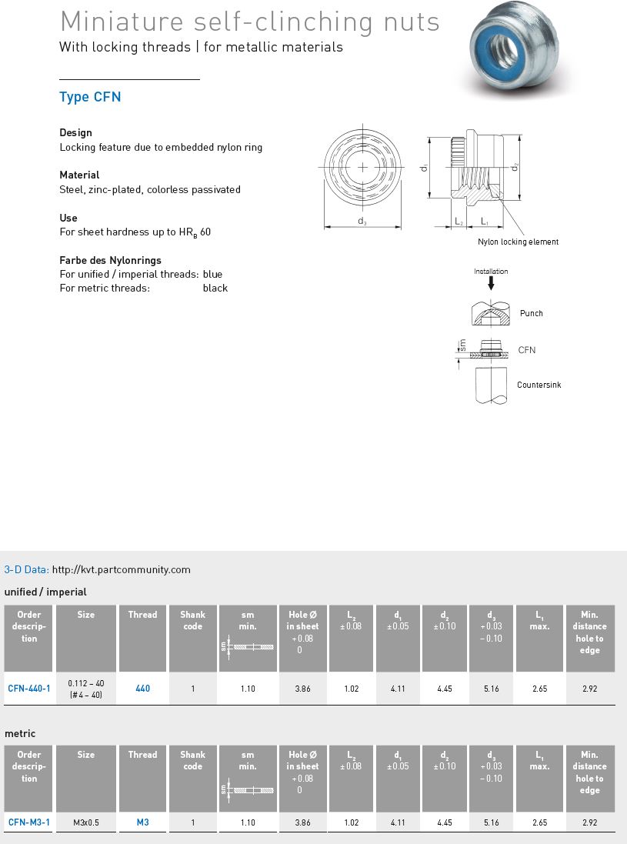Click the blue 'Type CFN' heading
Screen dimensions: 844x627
[90, 97]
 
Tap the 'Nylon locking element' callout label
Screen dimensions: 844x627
[518, 242]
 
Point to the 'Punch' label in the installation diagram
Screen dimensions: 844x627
[531, 313]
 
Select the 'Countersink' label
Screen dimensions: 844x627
[539, 385]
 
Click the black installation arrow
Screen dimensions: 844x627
[491, 282]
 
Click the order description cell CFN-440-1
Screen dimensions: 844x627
[29, 689]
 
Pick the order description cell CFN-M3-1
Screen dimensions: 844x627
[29, 822]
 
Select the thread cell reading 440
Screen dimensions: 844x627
[142, 689]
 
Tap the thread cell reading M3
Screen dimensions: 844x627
[142, 822]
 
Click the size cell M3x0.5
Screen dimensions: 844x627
[86, 822]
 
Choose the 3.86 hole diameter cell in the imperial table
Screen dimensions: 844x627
[303, 689]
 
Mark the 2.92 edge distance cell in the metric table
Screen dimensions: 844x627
[589, 822]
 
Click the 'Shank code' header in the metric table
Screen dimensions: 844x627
[193, 760]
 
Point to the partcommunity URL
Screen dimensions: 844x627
[121, 570]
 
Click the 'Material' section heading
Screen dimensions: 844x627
[79, 175]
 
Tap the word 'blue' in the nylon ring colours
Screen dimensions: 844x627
[212, 274]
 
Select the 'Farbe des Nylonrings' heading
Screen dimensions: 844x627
[110, 260]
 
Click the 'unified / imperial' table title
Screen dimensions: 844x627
[45, 592]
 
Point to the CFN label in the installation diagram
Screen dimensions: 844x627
[526, 350]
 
